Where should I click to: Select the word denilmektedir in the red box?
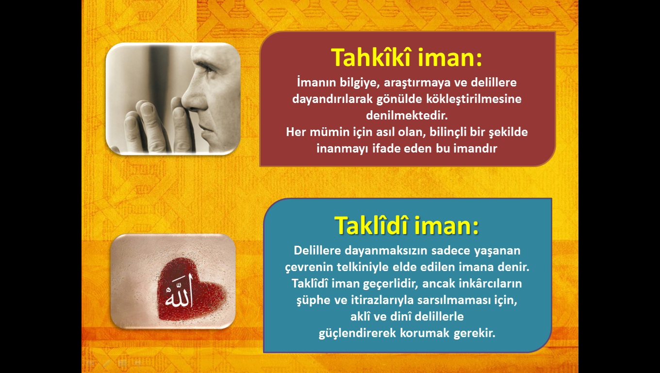pos(407,115)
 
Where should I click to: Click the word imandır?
pos(475,148)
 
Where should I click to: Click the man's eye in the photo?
pos(208,68)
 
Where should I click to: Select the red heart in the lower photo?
pos(189,289)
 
